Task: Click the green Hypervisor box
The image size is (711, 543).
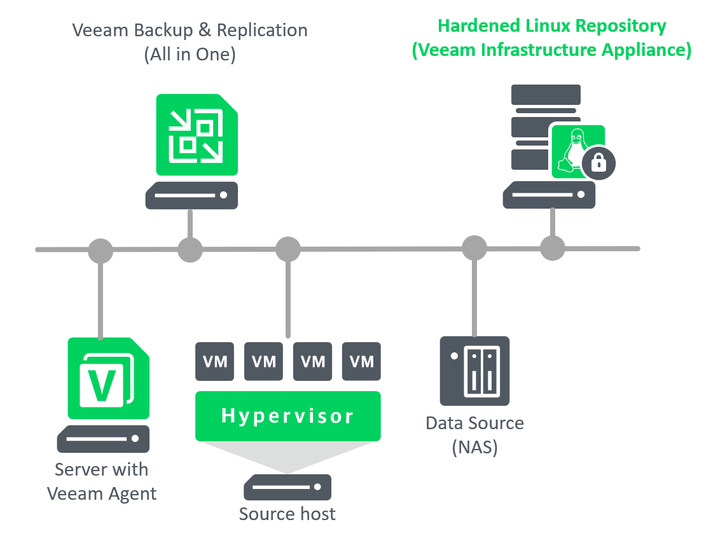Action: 287,416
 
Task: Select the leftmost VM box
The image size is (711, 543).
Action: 214,362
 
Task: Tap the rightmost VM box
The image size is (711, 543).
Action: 362,362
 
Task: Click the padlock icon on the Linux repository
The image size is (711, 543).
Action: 597,163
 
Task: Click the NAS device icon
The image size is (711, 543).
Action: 475,371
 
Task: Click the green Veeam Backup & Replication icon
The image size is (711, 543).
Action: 197,135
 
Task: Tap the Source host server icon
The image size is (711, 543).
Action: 287,488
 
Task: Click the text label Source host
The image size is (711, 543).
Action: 287,514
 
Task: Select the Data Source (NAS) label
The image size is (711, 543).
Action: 475,435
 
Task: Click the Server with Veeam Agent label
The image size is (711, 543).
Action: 102,481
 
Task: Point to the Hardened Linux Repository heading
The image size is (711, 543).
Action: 551,38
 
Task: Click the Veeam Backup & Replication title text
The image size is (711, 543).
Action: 190,41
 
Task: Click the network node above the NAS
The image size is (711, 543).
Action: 474,249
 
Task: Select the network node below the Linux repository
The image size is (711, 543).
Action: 552,248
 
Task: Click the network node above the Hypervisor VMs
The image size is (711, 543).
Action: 287,249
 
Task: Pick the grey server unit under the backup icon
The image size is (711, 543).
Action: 191,196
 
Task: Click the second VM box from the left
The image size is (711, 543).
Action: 263,362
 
